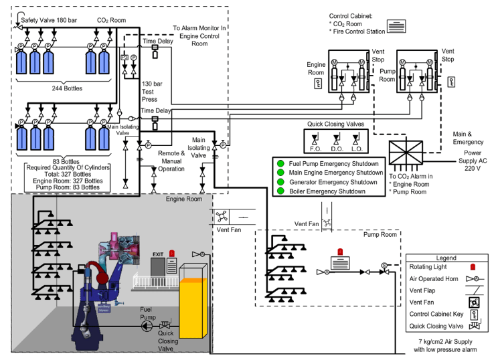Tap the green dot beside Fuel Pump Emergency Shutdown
(x=277, y=163)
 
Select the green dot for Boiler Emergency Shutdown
(x=277, y=191)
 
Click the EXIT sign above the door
(x=158, y=255)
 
